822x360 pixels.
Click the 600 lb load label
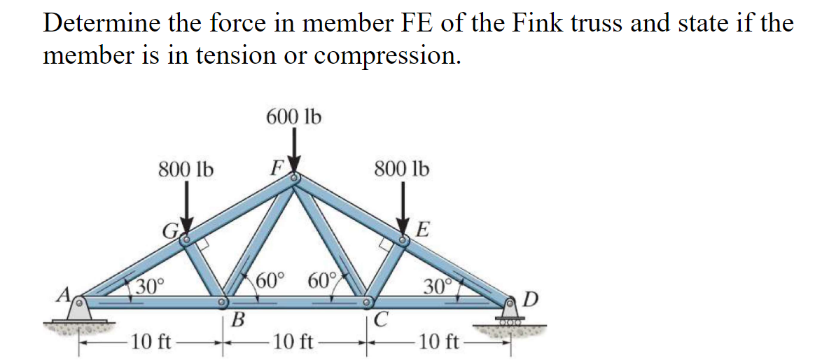293,117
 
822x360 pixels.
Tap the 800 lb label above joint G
186,169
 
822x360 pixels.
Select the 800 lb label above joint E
402,169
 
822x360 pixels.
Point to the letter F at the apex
276,169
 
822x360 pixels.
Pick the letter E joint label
423,230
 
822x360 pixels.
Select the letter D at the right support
531,300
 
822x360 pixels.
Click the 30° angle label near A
149,286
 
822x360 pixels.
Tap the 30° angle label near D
438,286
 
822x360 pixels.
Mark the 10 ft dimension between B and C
294,343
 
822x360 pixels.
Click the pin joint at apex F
295,179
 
